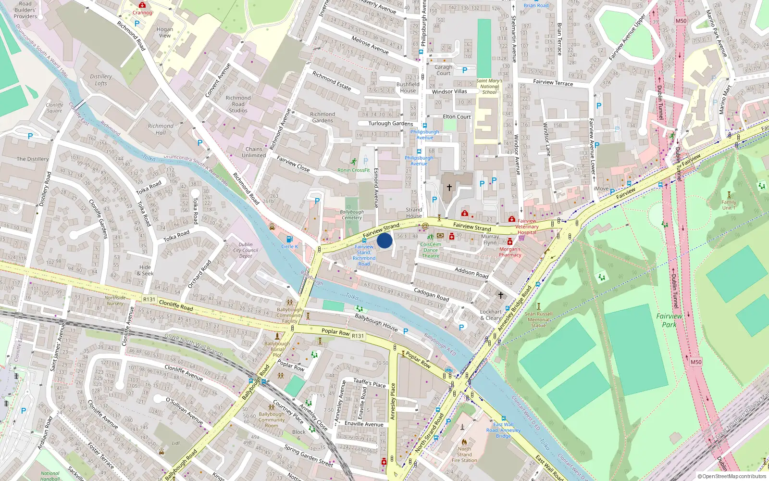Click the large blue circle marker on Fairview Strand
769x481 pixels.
pyautogui.click(x=384, y=240)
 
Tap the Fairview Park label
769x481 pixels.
pyautogui.click(x=669, y=320)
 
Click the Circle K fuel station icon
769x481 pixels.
pyautogui.click(x=289, y=239)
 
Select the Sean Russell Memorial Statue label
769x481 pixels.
pyautogui.click(x=538, y=319)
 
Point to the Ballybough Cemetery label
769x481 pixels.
pyautogui.click(x=352, y=215)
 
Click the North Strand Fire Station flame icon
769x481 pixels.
pyautogui.click(x=464, y=442)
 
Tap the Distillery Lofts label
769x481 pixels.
pyautogui.click(x=101, y=80)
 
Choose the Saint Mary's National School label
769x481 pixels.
pyautogui.click(x=489, y=87)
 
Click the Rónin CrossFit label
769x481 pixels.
pyautogui.click(x=354, y=170)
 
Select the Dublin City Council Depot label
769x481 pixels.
pyautogui.click(x=246, y=250)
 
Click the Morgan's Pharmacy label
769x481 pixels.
pyautogui.click(x=510, y=252)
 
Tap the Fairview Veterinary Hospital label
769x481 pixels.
pyautogui.click(x=527, y=227)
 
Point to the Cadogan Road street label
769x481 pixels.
pyautogui.click(x=431, y=295)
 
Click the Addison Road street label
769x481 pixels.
pyautogui.click(x=471, y=273)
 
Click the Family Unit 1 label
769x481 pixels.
pyautogui.click(x=729, y=205)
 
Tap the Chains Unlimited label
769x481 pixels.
pyautogui.click(x=254, y=152)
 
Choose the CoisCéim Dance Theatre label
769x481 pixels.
pyautogui.click(x=431, y=250)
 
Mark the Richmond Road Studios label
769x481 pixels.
pyautogui.click(x=238, y=104)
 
